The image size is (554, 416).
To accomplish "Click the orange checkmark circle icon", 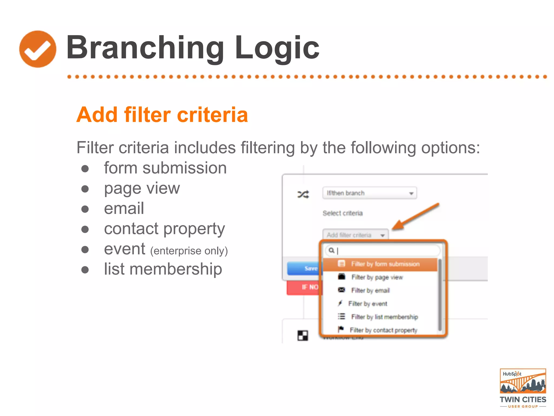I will coord(38,49).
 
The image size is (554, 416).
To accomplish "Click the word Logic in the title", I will coord(277,48).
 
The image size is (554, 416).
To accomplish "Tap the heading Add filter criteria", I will coord(162,115).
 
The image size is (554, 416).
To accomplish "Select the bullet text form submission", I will coord(165,168).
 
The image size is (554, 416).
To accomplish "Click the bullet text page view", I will coord(142,188).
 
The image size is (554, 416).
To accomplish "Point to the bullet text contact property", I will coord(164,229).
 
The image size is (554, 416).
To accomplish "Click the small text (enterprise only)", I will coord(189,251).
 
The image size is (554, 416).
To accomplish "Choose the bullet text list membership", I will coord(163,269).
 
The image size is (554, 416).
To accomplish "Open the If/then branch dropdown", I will coord(369,193).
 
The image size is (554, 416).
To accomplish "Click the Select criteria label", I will coord(342,213).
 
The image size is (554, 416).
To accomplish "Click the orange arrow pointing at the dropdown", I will coord(415,216).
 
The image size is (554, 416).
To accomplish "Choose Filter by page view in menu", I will coord(377,277).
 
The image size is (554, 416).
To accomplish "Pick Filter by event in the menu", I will coord(367,304).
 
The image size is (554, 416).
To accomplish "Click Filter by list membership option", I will coord(384,317).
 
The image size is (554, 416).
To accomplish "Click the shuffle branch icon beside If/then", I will coord(303,194).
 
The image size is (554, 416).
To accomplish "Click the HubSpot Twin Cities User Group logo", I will coord(523,388).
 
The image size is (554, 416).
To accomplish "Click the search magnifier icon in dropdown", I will coord(331,251).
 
